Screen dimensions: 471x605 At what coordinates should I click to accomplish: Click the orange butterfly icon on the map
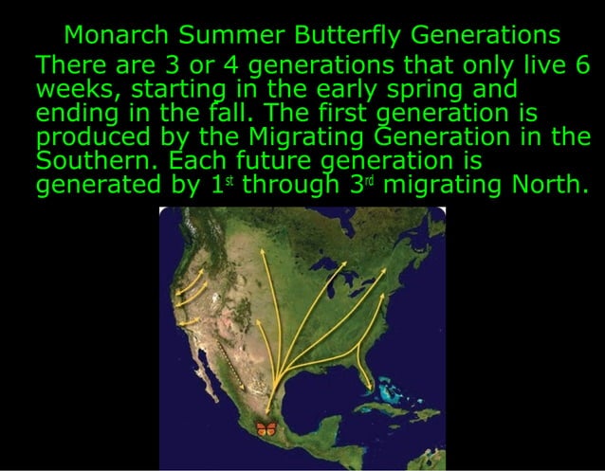click(x=266, y=429)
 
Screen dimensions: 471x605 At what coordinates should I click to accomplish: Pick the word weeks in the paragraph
click(x=79, y=90)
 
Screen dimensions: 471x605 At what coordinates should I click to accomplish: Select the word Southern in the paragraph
click(x=86, y=159)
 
